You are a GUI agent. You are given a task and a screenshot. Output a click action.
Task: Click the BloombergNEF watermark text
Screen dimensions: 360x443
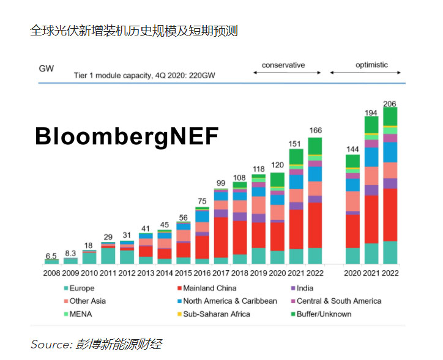[x=126, y=136]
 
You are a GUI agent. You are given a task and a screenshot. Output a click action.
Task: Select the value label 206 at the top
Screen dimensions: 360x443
[x=390, y=103]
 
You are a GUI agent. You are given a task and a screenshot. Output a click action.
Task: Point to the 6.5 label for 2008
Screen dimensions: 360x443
[x=51, y=255]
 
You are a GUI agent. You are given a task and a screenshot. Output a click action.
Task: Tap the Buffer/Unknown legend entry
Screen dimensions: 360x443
[x=324, y=314]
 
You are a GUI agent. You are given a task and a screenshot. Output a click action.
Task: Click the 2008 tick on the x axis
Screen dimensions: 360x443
[x=51, y=273]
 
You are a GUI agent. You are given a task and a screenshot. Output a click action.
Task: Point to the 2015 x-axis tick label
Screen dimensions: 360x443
[x=184, y=273]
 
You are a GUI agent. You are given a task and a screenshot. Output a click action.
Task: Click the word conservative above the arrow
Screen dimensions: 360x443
[x=283, y=65]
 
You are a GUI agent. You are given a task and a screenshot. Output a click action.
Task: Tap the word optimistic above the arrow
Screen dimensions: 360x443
[x=371, y=65]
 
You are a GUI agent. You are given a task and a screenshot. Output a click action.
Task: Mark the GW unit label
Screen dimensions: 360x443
[x=47, y=69]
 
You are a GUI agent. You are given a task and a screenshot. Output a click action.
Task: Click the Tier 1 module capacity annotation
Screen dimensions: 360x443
[x=144, y=75]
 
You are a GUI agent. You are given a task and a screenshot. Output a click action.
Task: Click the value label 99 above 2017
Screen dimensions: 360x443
[x=221, y=183]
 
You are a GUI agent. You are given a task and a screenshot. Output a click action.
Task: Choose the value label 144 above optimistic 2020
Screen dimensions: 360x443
[x=352, y=149]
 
